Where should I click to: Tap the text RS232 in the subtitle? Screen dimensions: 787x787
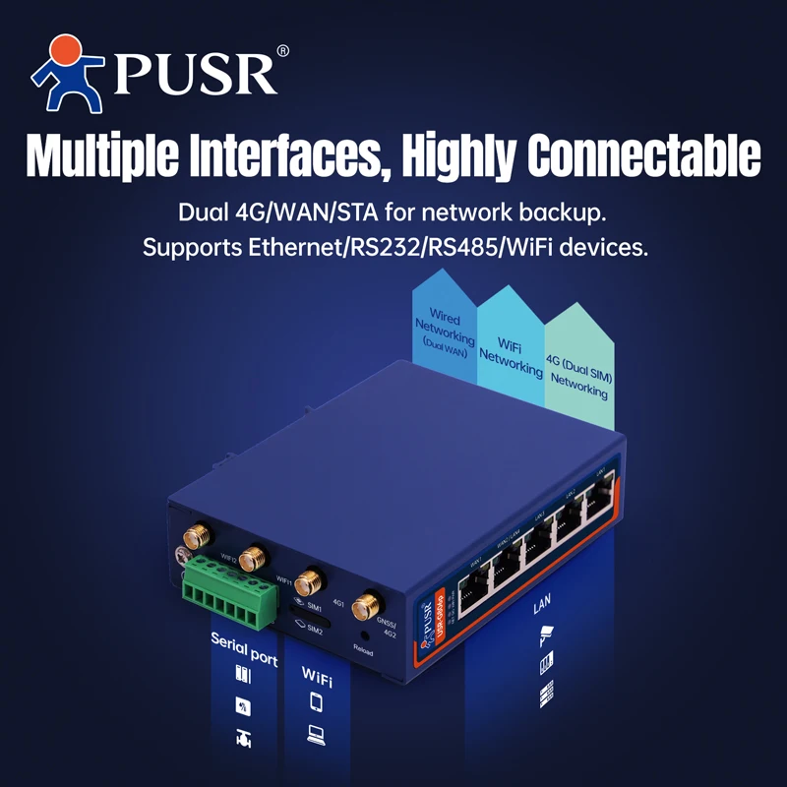(x=373, y=246)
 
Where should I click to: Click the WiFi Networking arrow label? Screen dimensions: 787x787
(x=510, y=357)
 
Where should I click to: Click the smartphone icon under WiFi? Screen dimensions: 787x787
(x=316, y=701)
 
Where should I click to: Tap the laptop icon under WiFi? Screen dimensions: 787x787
(x=316, y=733)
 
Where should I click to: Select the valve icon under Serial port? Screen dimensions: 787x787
(x=243, y=739)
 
